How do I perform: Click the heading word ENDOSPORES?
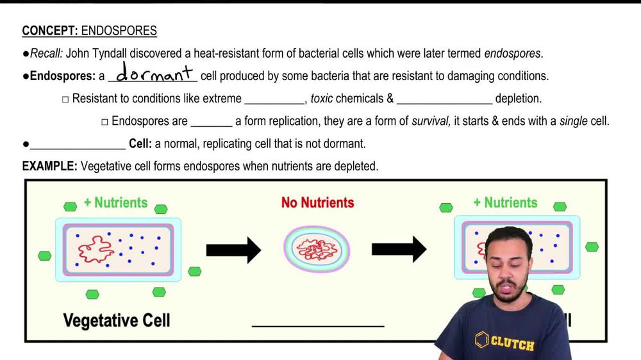[119, 31]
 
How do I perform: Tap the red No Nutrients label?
[317, 203]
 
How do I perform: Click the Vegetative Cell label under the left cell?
[117, 320]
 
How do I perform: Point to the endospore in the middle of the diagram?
[317, 249]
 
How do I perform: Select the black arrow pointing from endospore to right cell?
[399, 249]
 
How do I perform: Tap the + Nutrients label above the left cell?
[115, 202]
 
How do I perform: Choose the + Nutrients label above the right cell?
[506, 202]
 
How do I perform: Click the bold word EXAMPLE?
[49, 166]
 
